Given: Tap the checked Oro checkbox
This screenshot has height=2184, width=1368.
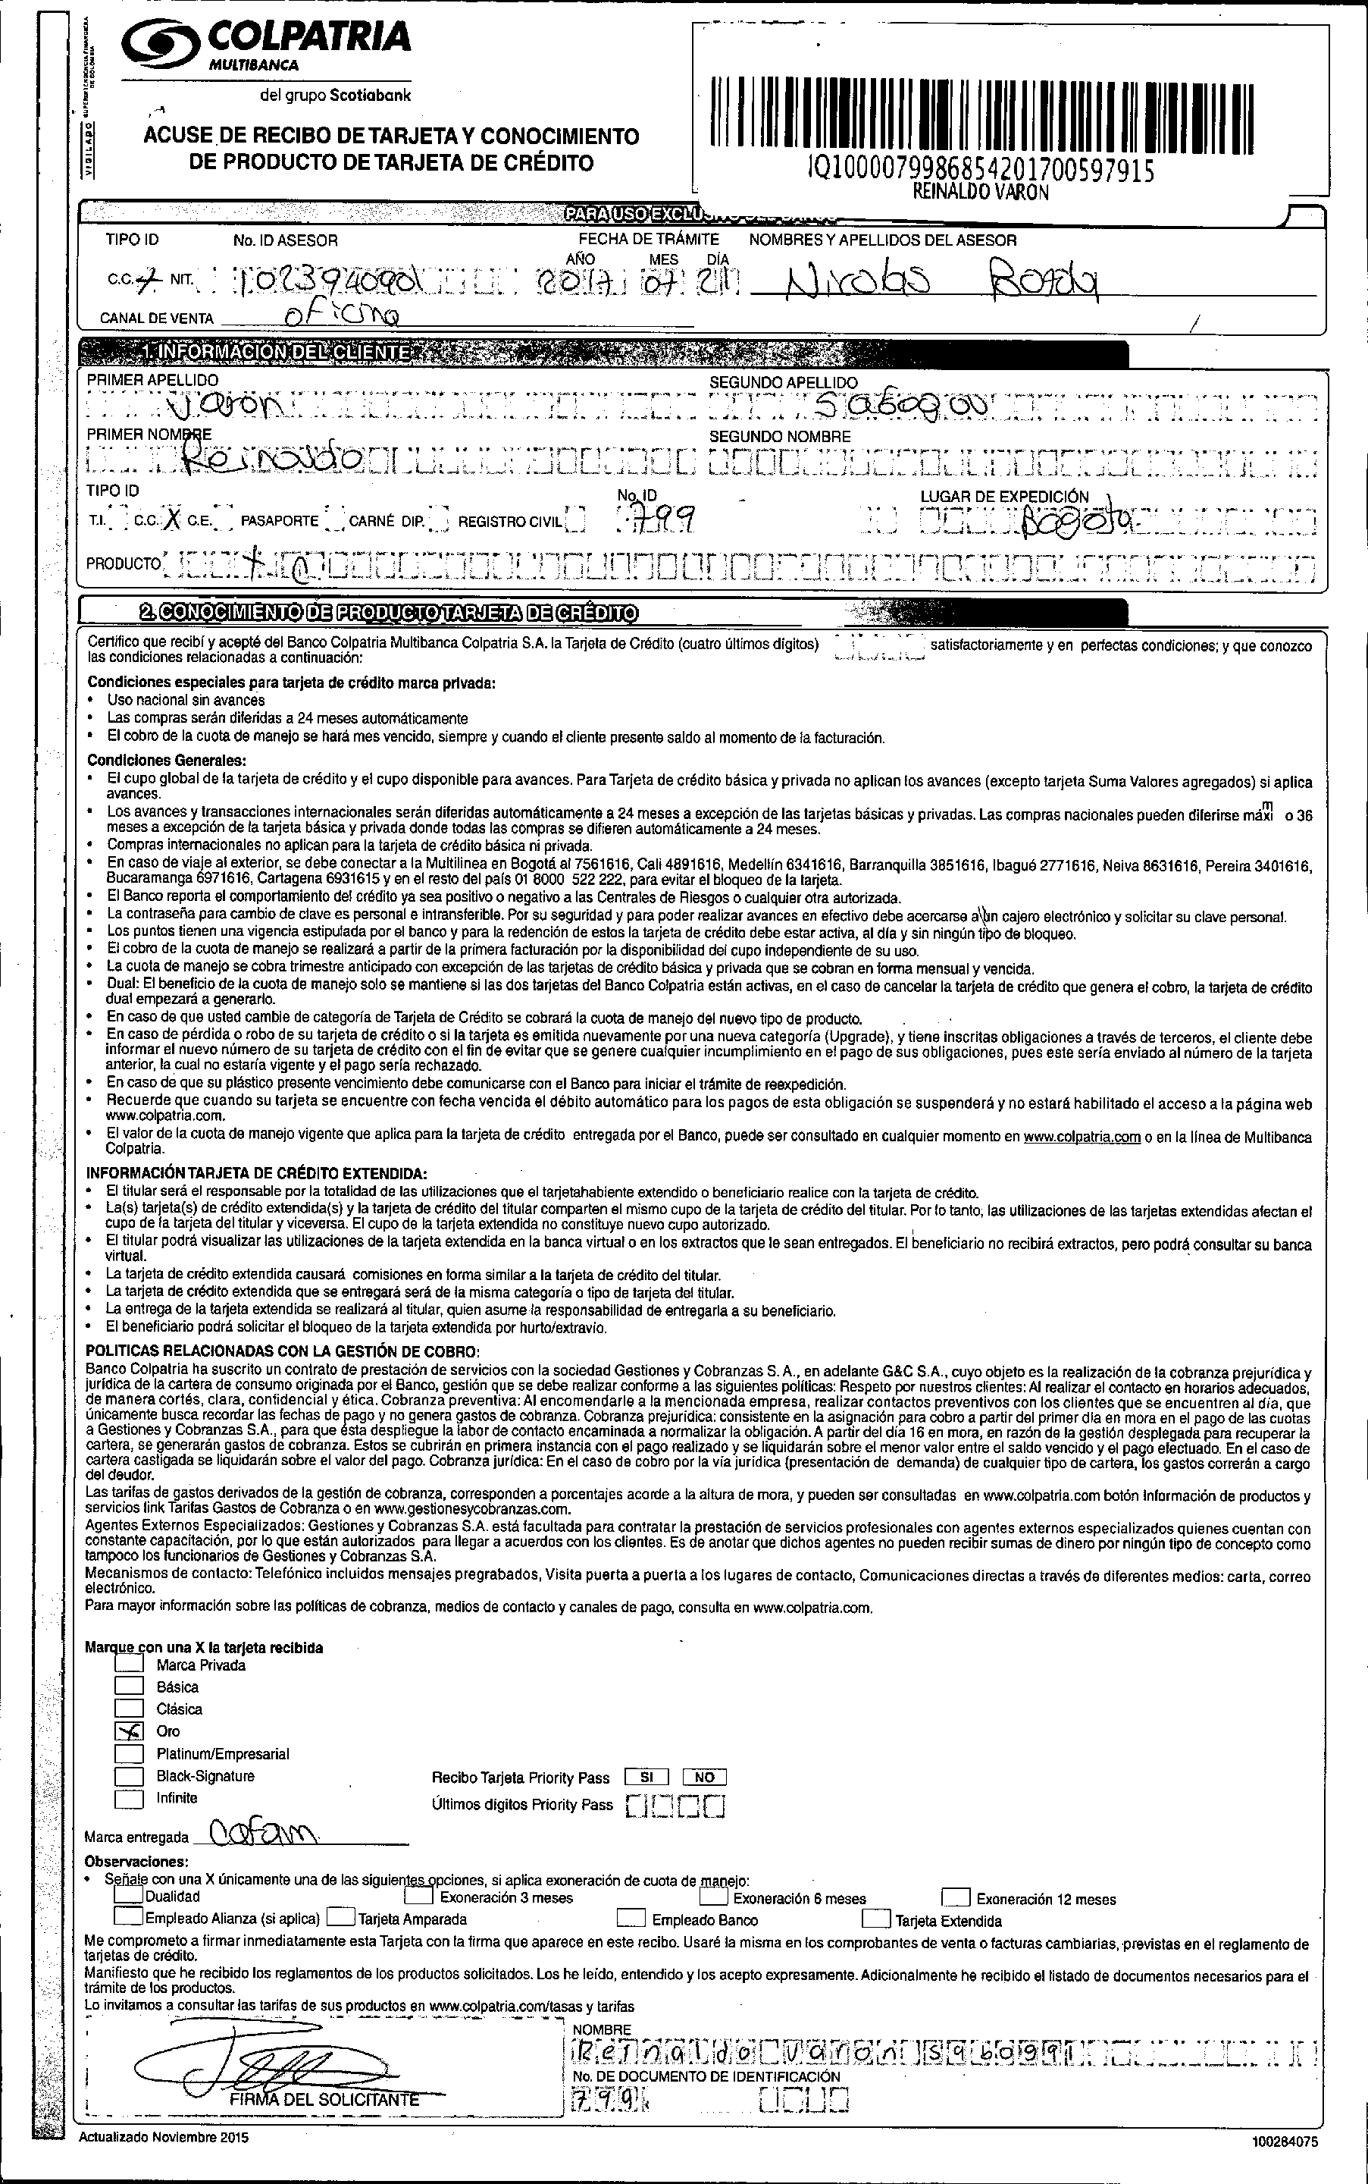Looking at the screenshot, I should coord(130,1731).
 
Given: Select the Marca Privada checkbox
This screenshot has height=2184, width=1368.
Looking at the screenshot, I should coord(130,1664).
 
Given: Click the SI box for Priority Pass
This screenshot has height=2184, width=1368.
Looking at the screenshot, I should coord(646,1777).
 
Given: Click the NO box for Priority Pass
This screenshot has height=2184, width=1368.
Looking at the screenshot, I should coord(704,1777).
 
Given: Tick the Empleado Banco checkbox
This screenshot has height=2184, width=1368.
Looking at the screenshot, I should coord(631,1918).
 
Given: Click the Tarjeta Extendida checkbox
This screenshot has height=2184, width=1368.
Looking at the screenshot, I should coord(876,1918).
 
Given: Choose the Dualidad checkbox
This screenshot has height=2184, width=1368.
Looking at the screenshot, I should coord(129,1896).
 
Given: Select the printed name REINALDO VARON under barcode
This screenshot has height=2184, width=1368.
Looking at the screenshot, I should coord(980,192).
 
